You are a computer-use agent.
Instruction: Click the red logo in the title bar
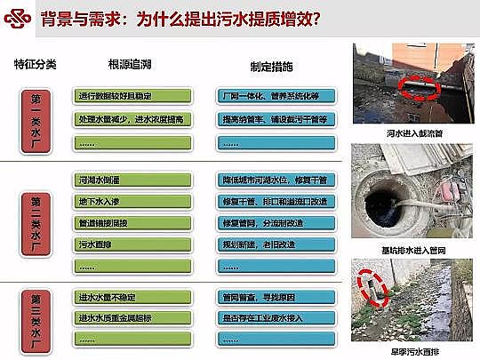coord(17,20)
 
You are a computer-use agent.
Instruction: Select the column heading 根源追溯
coord(130,66)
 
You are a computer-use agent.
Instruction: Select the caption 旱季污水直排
coord(413,350)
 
